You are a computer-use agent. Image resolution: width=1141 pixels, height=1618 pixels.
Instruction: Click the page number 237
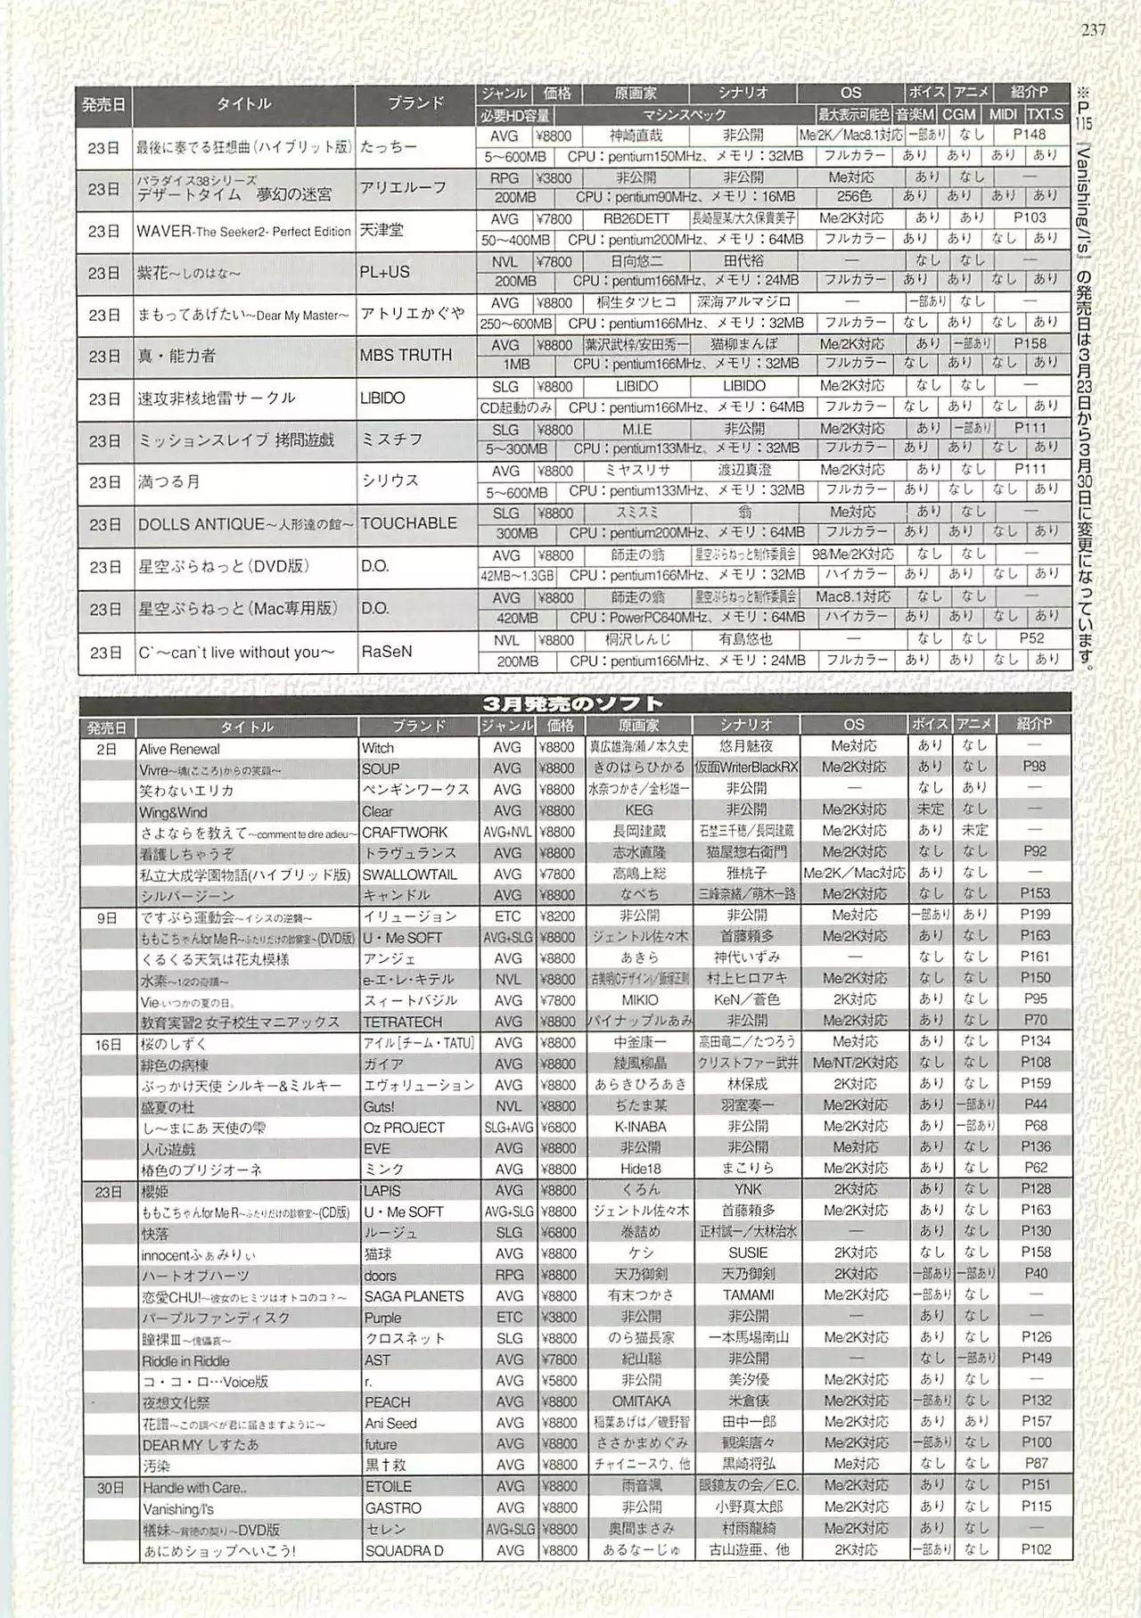(1093, 29)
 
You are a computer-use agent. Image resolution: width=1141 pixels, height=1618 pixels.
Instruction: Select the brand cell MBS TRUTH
(406, 355)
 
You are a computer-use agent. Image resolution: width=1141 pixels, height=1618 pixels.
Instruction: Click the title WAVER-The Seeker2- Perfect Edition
(243, 231)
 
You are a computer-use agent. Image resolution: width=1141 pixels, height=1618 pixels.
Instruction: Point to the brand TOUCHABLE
(408, 523)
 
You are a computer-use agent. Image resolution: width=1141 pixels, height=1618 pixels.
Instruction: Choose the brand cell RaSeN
(387, 652)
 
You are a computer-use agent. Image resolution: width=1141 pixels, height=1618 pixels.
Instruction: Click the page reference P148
(1030, 135)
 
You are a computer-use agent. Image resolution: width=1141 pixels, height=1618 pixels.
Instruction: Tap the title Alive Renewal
(179, 749)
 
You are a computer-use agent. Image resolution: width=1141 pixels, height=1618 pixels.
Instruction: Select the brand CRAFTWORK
(405, 832)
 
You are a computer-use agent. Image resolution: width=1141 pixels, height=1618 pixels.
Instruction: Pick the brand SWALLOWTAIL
(409, 875)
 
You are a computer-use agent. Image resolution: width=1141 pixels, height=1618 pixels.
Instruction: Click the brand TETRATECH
(402, 1022)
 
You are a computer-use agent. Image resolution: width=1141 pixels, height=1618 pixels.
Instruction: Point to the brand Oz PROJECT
(404, 1128)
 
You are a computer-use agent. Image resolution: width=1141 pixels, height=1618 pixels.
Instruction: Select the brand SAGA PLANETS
(414, 1296)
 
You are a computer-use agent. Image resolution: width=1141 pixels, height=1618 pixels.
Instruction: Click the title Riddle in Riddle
(185, 1361)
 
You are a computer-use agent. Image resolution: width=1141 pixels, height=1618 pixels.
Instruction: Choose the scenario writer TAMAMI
(748, 1295)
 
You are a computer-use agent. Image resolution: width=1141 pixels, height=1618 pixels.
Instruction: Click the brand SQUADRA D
(404, 1551)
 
